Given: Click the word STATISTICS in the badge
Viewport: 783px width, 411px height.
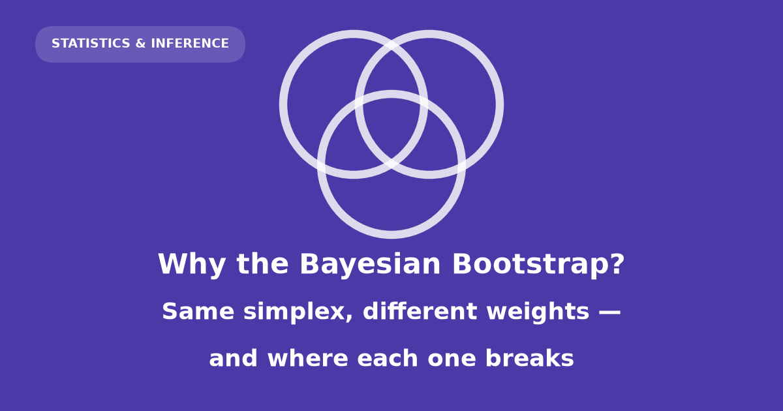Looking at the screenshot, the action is click(x=91, y=43).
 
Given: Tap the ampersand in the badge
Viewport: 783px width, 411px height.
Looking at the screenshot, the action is click(x=140, y=43).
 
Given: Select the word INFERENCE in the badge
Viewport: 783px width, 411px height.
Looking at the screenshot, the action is click(x=190, y=43).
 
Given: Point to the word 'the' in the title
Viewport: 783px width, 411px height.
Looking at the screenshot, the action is click(x=262, y=264).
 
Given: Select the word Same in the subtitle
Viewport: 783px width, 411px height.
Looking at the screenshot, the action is click(x=198, y=311).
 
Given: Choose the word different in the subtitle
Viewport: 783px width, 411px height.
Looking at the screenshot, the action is click(x=420, y=311).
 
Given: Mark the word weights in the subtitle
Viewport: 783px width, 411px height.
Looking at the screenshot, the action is click(x=538, y=312).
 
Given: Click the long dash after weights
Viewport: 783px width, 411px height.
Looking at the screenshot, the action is click(x=610, y=311).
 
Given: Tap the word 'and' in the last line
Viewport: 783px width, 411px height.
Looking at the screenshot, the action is click(x=233, y=358).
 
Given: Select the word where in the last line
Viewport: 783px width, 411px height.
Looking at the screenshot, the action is click(x=307, y=358).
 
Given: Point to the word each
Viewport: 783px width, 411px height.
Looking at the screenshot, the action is click(x=388, y=358).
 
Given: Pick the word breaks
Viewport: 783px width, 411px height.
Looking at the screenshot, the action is click(x=530, y=358).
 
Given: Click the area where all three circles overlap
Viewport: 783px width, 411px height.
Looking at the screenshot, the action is click(x=391, y=129).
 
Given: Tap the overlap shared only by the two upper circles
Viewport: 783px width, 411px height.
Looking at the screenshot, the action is click(x=391, y=70).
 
